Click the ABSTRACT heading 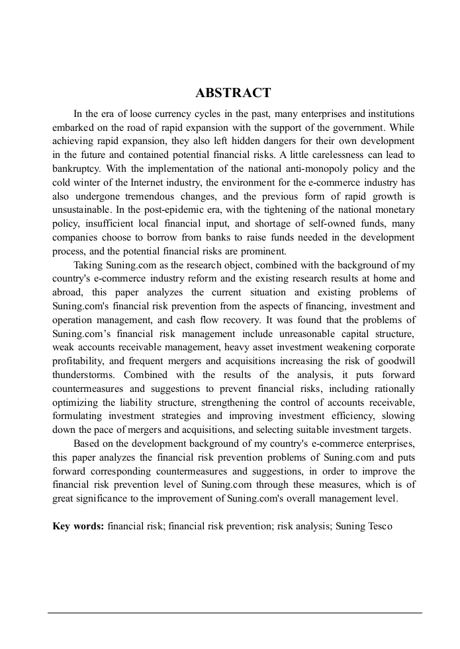tap(233, 93)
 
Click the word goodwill tap(397, 362)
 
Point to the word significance tap(80, 498)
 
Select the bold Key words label tap(78, 527)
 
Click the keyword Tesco tap(379, 527)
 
